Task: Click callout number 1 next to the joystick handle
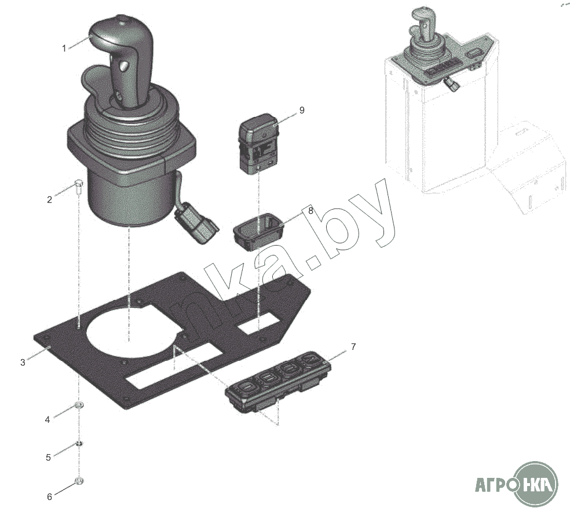(x=64, y=48)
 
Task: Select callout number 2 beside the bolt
(x=49, y=199)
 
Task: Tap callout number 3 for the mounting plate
(x=23, y=363)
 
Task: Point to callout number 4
(x=47, y=420)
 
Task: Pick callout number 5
(x=48, y=457)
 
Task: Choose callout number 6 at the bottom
(x=49, y=496)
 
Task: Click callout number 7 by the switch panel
(x=353, y=347)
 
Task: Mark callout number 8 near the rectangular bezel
(x=310, y=210)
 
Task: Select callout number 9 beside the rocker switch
(x=302, y=110)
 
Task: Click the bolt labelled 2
(x=79, y=187)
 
